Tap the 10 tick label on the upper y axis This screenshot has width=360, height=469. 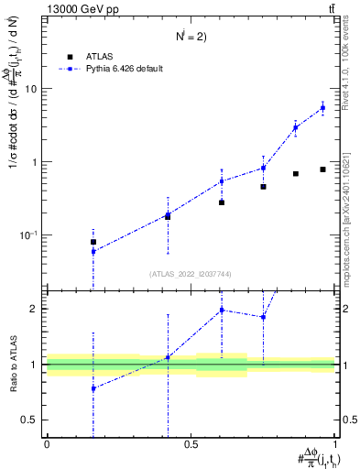tap(32, 89)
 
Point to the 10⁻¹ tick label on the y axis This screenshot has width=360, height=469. tap(29, 235)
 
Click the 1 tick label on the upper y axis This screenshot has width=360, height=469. tap(35, 162)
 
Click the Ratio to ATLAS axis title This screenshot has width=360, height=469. tap(12, 365)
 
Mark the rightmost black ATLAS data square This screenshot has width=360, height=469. tap(322, 169)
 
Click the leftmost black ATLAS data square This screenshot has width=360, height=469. tap(93, 242)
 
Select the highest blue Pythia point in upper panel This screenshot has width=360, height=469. tap(322, 108)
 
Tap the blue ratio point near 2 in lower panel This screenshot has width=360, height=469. tap(222, 310)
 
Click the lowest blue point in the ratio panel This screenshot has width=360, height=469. tap(93, 388)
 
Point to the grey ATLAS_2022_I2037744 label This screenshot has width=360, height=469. tap(191, 273)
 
